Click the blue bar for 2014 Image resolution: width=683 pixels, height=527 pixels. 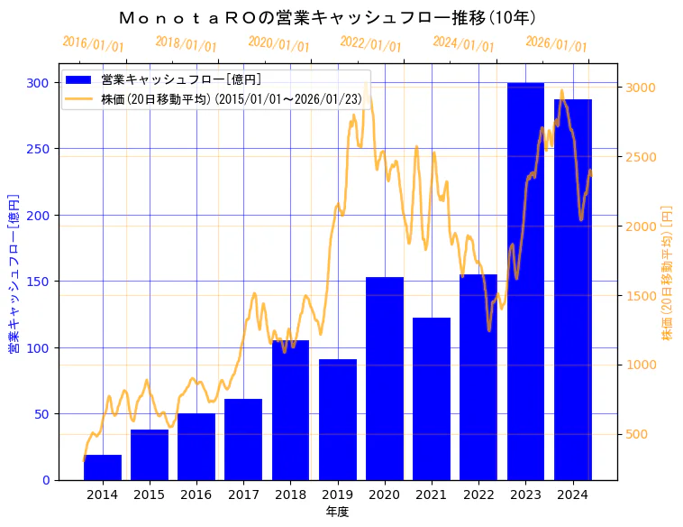coord(103,467)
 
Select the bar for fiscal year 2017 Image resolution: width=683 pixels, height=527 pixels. coord(243,439)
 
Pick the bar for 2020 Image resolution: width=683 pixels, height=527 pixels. coord(385,378)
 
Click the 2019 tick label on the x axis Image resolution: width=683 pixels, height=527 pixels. coord(337,494)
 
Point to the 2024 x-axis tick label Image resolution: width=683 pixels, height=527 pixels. coord(572,494)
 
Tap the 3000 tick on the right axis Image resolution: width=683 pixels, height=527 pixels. coord(640,88)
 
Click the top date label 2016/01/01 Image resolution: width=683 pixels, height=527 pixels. coord(93,44)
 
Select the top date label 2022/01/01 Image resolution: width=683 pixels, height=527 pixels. coord(370,44)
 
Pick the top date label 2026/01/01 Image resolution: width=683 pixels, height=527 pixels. coord(556,44)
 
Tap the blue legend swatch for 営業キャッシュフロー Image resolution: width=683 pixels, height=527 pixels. coord(79,79)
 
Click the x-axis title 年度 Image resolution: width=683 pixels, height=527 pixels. coord(337,512)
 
